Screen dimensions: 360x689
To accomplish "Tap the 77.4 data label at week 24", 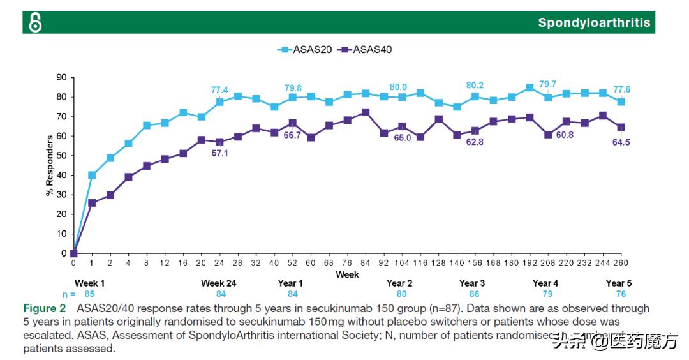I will (x=219, y=90).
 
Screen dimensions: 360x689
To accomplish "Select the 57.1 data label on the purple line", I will (x=220, y=154).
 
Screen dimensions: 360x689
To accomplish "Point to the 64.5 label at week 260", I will (x=621, y=142).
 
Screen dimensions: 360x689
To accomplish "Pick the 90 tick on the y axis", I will (x=62, y=77).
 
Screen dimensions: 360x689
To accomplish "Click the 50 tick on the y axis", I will (x=62, y=156).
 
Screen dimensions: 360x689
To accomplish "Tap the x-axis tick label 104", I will (x=403, y=263).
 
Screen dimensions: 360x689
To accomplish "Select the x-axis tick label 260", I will (x=621, y=263).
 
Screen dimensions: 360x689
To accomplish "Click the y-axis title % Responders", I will (x=49, y=165).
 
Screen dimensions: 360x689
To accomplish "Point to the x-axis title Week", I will (x=348, y=274).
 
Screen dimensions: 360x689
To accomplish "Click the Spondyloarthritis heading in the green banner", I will (x=594, y=23).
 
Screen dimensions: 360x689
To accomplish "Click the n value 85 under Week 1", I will (x=91, y=294).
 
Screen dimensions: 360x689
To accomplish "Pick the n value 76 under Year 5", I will (x=621, y=294).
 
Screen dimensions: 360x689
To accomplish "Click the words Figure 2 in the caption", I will (x=45, y=308).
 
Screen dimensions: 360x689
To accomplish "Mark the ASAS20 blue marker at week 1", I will (x=92, y=175).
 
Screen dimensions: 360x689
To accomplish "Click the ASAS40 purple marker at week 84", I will (x=366, y=112).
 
